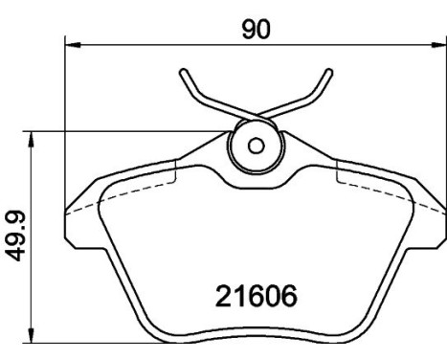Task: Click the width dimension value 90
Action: point(256,29)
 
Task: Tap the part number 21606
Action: point(254,295)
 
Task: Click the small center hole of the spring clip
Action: point(256,146)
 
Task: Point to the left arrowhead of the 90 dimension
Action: point(70,44)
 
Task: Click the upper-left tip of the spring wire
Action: point(182,72)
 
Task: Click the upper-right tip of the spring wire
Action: point(330,71)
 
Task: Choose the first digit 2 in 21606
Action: point(220,295)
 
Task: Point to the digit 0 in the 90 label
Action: point(263,29)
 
